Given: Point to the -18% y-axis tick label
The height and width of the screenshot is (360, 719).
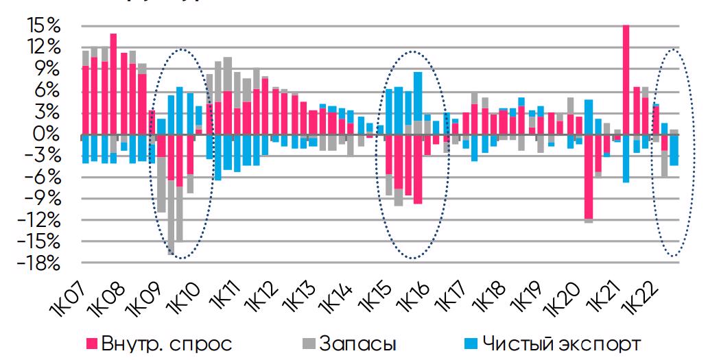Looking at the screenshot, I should (x=41, y=264).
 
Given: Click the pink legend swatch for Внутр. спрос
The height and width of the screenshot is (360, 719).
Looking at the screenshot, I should (x=91, y=342).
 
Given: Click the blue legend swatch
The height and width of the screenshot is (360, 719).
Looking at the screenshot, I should (x=469, y=342).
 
